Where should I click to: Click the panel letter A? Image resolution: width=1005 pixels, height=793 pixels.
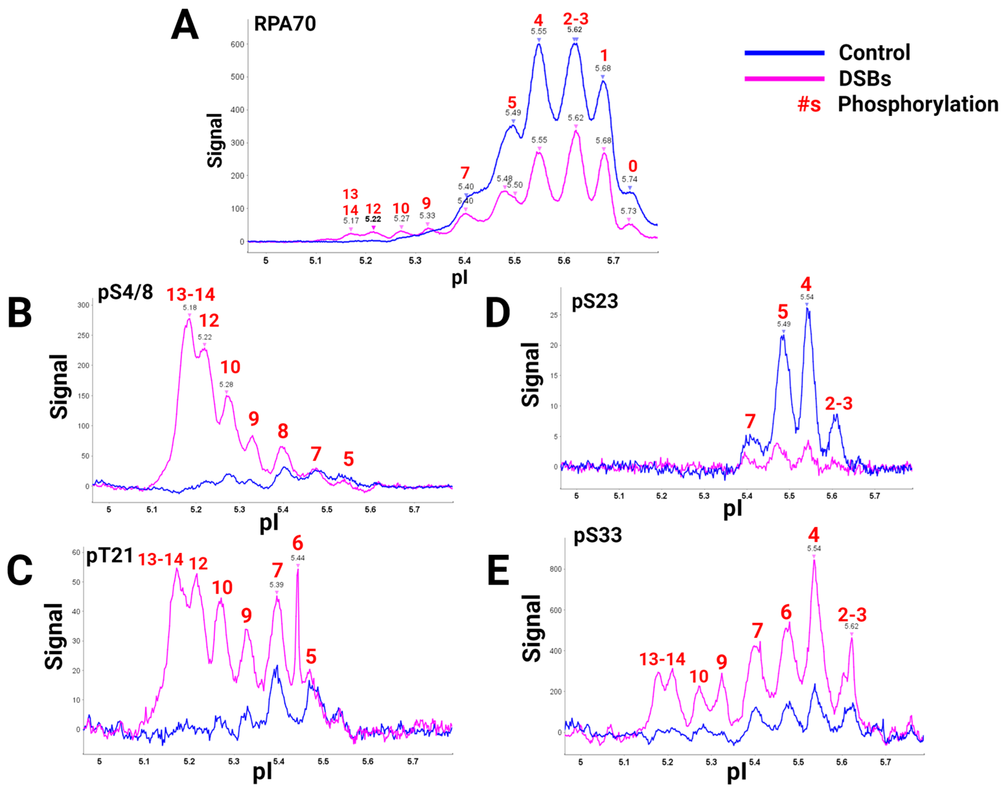click(x=185, y=26)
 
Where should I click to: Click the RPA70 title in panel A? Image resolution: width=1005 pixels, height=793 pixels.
click(x=285, y=24)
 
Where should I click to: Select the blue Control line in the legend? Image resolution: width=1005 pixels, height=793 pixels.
click(x=784, y=53)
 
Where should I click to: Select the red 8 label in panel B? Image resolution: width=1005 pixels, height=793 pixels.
click(x=283, y=431)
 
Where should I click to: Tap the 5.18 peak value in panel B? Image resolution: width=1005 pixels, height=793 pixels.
click(x=189, y=307)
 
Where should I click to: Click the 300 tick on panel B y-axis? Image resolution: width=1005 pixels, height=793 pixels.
click(x=83, y=305)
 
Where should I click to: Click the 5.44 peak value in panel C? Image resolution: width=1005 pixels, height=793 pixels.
click(x=298, y=557)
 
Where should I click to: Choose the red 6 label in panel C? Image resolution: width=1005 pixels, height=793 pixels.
click(x=298, y=543)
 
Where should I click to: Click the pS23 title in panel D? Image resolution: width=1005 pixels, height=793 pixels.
click(x=595, y=301)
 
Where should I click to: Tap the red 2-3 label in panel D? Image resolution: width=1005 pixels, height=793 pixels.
click(x=838, y=403)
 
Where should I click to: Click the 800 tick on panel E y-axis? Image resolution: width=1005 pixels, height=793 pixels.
click(x=556, y=569)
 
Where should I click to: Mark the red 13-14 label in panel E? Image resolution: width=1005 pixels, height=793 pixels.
click(x=662, y=659)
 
